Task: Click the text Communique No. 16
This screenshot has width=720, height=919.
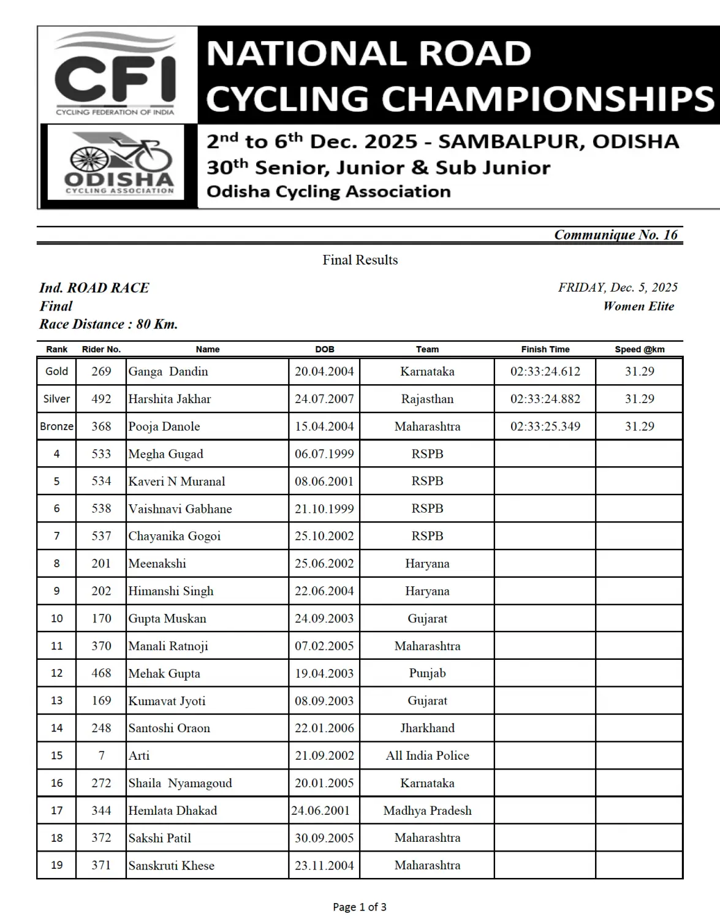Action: pos(616,235)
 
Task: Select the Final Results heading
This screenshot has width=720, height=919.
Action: pos(360,260)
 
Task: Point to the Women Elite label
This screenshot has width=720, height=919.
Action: pos(638,306)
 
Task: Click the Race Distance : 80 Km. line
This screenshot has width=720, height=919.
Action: pos(108,324)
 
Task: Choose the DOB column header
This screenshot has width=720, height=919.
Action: pos(324,349)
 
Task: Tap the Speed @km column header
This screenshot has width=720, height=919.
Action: pos(639,349)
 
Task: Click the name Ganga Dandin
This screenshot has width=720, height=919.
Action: pos(168,371)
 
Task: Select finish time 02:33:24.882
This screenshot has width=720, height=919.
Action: pos(545,399)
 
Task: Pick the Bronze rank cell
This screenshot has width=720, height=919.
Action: pos(56,426)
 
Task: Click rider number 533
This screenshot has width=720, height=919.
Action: pos(101,454)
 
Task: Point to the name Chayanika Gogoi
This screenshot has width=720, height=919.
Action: pos(174,536)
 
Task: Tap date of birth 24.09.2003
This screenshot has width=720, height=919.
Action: pos(324,618)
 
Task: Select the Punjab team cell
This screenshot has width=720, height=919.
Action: pos(427,673)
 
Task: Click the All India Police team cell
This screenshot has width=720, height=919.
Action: pos(427,755)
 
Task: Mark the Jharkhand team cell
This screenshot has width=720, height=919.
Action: pos(427,728)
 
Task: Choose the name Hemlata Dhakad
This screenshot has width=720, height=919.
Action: pos(172,811)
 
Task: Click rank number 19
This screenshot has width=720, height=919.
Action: pos(56,865)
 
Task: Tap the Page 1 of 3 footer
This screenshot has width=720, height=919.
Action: pos(360,907)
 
